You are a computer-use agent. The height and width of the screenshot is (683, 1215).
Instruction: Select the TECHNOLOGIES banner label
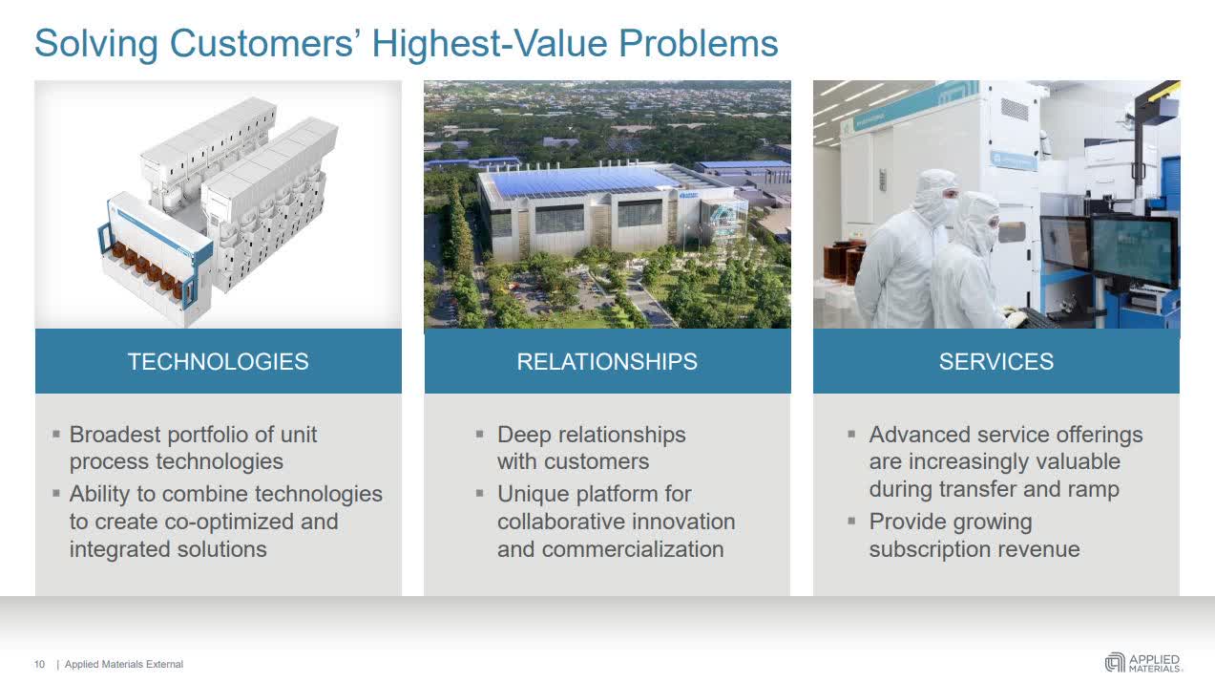218,361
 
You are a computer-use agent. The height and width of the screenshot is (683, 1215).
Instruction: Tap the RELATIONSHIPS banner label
607,361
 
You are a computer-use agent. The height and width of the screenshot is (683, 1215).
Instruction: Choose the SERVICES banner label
995,361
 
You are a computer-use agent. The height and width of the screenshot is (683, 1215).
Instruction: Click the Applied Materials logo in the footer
1142,662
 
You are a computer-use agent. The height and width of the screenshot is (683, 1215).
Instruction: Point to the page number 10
39,664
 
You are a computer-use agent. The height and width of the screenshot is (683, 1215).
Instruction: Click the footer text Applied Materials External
124,664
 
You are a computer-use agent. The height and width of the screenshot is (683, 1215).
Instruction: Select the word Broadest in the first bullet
115,435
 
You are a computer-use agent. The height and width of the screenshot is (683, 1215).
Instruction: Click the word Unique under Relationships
532,494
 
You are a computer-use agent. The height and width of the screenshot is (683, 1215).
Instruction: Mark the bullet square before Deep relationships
480,434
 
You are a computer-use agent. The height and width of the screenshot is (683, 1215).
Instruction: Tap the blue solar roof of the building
582,181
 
